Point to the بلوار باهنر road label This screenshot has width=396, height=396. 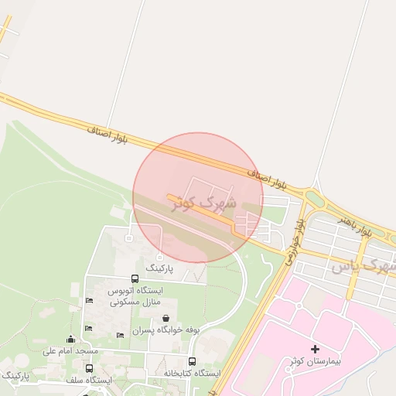(355, 225)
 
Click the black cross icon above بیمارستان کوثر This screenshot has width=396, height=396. (315, 349)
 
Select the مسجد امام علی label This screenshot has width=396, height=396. (70, 350)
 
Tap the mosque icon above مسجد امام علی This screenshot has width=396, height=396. (71, 339)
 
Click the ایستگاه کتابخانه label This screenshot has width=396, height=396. (192, 373)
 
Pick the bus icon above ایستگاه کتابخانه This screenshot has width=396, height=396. (192, 361)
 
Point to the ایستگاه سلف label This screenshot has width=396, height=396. (89, 380)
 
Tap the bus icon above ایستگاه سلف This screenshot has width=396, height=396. (89, 369)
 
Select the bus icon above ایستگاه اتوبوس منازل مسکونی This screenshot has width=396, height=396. (135, 278)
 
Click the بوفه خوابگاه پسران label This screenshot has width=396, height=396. (166, 329)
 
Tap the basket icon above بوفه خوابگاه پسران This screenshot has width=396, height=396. (166, 318)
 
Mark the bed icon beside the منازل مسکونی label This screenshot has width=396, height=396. (90, 300)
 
